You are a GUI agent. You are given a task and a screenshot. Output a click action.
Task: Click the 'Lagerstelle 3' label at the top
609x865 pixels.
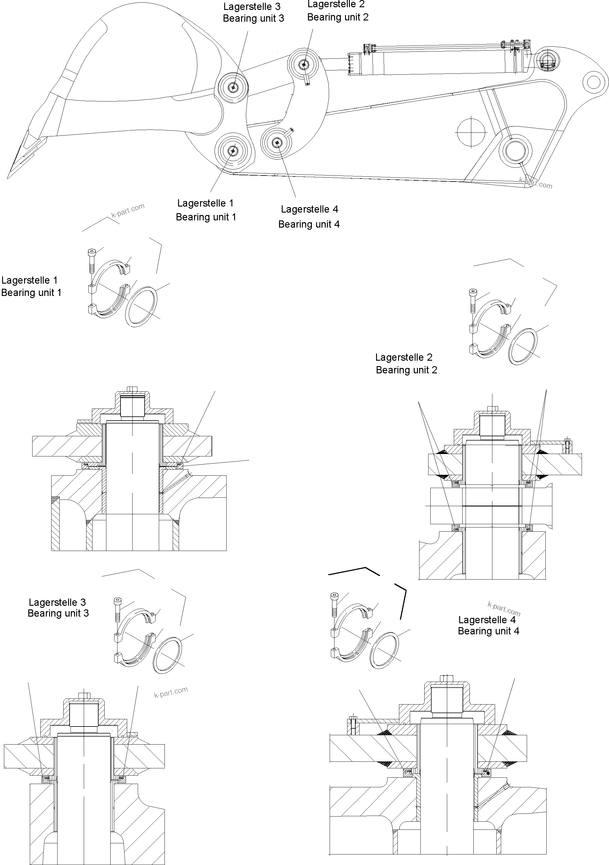click(252, 6)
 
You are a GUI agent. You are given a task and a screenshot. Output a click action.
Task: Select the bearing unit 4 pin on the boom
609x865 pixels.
click(278, 142)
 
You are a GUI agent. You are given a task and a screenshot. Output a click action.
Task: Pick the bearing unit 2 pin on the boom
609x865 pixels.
click(304, 65)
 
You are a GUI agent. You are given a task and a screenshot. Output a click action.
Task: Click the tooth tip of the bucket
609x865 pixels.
click(9, 175)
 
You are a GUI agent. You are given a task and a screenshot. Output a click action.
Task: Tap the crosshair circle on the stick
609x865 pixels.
click(471, 132)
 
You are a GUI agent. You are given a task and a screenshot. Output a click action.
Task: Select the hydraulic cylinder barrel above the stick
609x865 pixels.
click(434, 62)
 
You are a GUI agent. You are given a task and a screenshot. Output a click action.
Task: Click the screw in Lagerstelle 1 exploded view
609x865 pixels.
click(92, 260)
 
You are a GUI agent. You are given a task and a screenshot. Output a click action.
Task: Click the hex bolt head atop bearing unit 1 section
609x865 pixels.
click(132, 388)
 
